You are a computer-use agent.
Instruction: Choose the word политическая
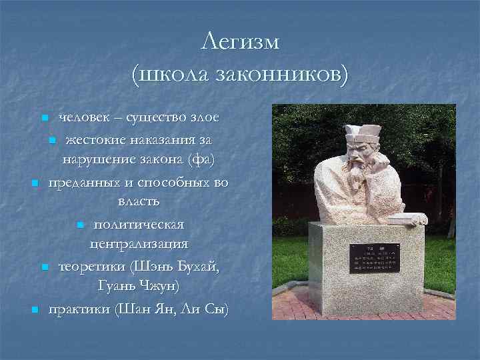tap(139, 223)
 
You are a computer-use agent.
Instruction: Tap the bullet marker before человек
tap(44, 118)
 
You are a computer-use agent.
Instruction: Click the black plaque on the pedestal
tap(375, 258)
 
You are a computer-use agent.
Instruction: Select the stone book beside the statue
tap(407, 218)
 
